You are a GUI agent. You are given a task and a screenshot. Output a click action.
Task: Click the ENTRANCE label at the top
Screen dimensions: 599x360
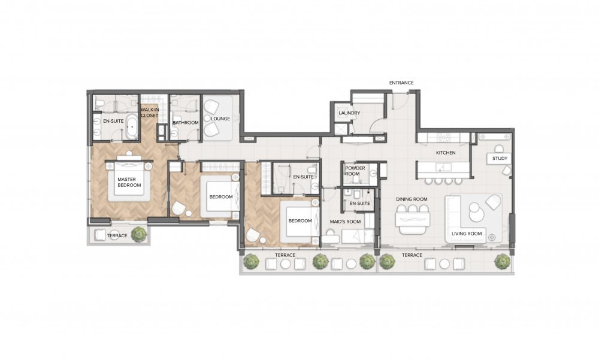click(401, 83)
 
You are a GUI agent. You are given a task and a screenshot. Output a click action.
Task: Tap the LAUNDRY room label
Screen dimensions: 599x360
click(349, 113)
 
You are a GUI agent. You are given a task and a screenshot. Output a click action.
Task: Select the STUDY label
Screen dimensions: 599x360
click(500, 158)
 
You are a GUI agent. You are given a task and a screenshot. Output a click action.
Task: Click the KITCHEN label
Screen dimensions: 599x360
click(446, 153)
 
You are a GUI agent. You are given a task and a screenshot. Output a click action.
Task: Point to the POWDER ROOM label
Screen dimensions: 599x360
click(355, 171)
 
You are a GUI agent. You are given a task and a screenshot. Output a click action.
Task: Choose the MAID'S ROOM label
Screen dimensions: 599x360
click(346, 222)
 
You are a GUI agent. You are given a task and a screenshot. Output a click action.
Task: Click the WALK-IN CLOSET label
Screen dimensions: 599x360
click(149, 113)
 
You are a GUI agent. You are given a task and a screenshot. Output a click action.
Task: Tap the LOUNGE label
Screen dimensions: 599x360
click(220, 119)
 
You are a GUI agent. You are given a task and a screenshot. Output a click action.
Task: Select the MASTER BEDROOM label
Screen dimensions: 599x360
click(129, 182)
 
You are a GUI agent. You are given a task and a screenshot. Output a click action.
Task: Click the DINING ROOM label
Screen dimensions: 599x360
click(412, 199)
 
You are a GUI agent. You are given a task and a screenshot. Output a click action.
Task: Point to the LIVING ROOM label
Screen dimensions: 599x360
click(467, 234)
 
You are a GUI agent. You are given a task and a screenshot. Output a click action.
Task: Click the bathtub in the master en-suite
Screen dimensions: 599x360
click(132, 126)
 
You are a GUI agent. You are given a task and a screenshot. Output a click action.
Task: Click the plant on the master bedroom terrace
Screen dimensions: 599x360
click(139, 234)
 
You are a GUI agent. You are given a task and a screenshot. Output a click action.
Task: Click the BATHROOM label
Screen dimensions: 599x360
click(185, 123)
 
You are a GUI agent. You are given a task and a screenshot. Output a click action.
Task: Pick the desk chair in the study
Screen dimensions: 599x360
click(499, 149)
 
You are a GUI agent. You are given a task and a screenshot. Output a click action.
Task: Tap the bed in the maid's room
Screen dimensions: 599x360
click(357, 237)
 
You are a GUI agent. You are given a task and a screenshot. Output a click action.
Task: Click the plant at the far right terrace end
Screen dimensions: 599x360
click(502, 261)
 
